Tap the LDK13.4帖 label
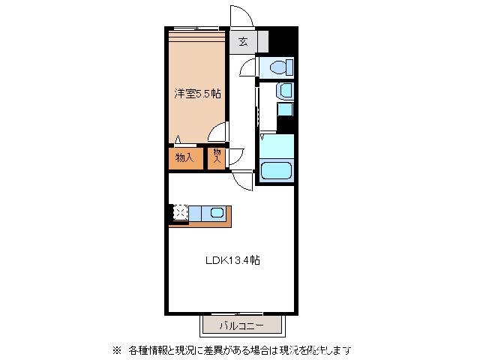[x=233, y=261]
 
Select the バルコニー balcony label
[x=241, y=325]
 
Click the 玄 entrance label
[x=243, y=42]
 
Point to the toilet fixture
[x=279, y=67]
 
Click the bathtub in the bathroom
[x=275, y=170]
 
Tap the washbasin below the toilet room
[x=285, y=91]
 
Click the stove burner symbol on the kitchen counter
[x=180, y=214]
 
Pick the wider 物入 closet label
[x=184, y=157]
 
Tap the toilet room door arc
[x=248, y=68]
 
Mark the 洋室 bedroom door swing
[x=218, y=133]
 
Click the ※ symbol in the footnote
[x=116, y=349]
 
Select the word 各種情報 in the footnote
[x=148, y=349]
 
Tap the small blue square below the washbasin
[x=285, y=110]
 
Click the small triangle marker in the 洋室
[x=178, y=138]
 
